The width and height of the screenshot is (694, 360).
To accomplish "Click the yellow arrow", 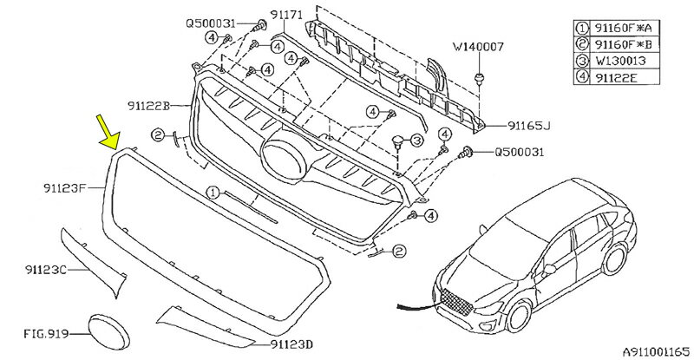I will point(107,132).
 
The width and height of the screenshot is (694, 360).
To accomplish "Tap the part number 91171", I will point(286,15).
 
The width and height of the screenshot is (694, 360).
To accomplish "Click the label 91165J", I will point(528,125).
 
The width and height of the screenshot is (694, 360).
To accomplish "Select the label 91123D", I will point(287,344).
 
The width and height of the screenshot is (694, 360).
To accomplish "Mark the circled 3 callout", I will point(416,140).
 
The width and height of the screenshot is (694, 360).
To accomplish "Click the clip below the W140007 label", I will point(477,79).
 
